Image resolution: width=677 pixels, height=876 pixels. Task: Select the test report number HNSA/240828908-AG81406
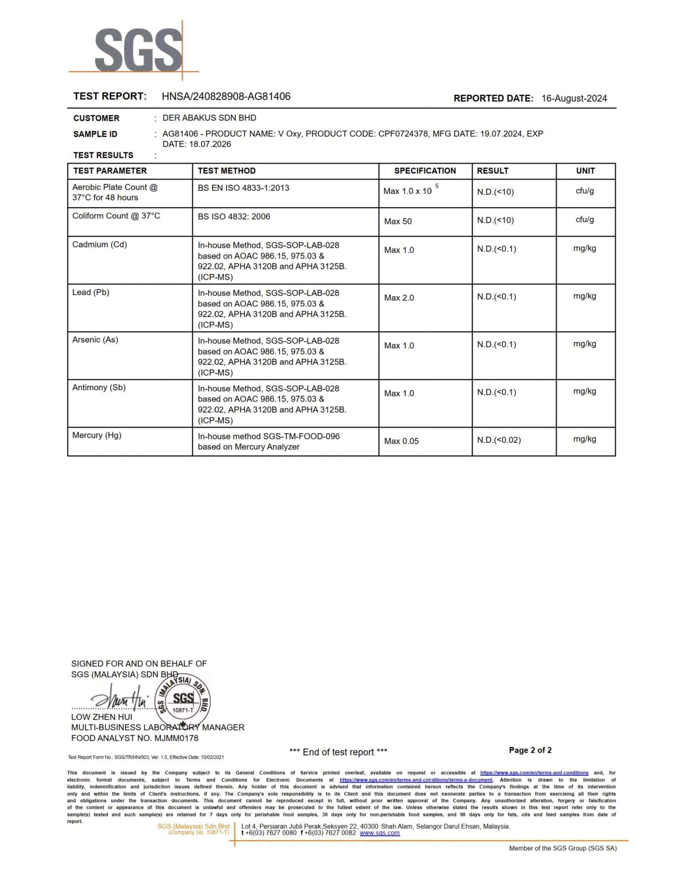[x=226, y=96]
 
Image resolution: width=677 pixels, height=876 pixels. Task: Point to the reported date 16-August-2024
[x=574, y=98]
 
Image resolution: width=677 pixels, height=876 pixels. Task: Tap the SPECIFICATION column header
[x=425, y=171]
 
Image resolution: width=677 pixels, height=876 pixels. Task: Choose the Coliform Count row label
[x=116, y=216]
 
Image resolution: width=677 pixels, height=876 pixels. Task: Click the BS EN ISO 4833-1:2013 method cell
[x=243, y=188]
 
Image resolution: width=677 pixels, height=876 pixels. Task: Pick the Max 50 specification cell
[x=398, y=221]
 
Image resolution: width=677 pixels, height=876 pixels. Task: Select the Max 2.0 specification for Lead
[x=399, y=298]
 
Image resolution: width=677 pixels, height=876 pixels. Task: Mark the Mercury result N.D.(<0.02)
[x=499, y=440]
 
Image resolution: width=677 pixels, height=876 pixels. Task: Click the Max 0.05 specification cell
[x=401, y=441]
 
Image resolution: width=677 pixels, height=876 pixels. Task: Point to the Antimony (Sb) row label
[x=99, y=387]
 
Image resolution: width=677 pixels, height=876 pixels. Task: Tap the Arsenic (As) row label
[x=95, y=340]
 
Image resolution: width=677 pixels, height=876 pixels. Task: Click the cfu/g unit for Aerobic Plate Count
[x=585, y=191]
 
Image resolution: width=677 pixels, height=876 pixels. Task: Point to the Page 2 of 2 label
[x=530, y=750]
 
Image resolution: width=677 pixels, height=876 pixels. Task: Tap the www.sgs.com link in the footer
[x=380, y=833]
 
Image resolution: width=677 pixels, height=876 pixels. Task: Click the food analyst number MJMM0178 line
[x=135, y=738]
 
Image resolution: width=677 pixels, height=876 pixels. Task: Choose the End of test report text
[x=338, y=752]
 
